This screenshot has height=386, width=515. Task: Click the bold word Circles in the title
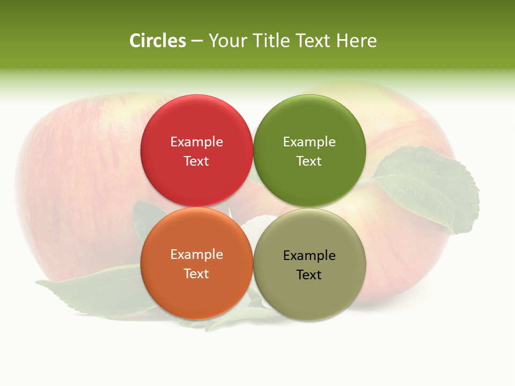(157, 41)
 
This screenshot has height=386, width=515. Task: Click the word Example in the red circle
(196, 142)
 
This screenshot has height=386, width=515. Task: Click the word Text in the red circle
(196, 161)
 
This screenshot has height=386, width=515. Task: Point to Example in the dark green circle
(309, 142)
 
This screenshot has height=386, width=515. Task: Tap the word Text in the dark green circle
(309, 161)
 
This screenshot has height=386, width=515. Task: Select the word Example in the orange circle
(196, 255)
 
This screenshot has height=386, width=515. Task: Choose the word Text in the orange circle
(196, 274)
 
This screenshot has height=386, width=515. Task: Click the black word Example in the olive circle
(309, 256)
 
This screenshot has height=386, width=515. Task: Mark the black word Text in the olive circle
(309, 275)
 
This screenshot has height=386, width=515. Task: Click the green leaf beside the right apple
(429, 188)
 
